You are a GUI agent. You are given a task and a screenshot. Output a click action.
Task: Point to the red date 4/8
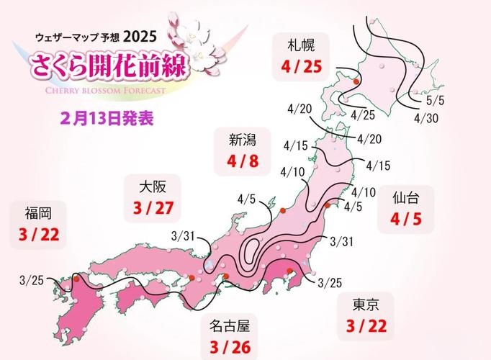(x=238, y=161)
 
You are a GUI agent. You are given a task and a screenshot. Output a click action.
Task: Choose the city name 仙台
(x=406, y=195)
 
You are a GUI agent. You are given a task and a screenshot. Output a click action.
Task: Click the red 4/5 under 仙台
(x=406, y=219)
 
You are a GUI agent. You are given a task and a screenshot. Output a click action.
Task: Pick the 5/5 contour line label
(x=435, y=102)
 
